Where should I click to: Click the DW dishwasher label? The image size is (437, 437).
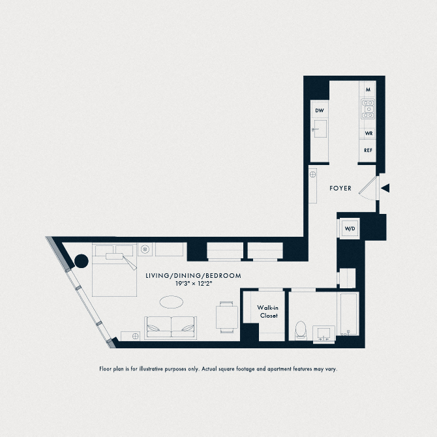tap(320, 111)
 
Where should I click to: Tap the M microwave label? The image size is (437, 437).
tap(369, 89)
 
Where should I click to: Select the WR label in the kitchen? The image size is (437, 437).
tap(369, 133)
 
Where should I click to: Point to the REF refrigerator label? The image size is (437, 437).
tap(369, 150)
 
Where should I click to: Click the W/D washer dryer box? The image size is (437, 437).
tap(350, 229)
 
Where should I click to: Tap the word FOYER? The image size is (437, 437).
tap(340, 188)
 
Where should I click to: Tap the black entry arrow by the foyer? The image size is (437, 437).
tap(385, 188)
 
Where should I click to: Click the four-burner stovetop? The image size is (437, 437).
tap(369, 109)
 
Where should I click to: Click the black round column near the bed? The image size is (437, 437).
tap(82, 262)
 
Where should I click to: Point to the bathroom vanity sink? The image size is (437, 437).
tap(324, 333)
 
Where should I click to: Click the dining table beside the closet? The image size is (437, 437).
tap(227, 315)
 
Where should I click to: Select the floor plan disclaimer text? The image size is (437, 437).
tap(218, 369)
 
